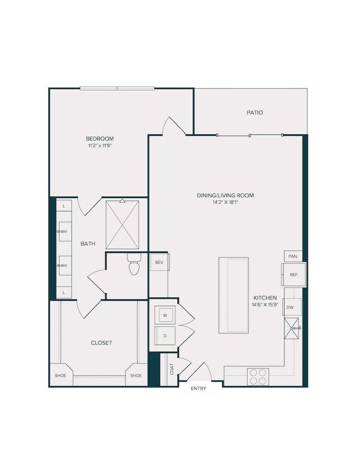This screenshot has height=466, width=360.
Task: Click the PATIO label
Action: tap(255, 112)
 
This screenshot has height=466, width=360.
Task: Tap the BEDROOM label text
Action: tap(99, 139)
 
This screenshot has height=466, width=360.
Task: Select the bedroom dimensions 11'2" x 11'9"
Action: tap(99, 146)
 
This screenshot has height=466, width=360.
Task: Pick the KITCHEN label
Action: tap(266, 298)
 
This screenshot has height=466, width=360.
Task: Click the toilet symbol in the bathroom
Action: tap(133, 265)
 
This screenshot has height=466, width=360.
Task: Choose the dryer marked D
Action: tap(164, 335)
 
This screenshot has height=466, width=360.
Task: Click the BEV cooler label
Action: tap(159, 262)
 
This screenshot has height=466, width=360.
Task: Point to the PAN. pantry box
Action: tap(292, 257)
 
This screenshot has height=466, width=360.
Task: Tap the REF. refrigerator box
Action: tap(293, 274)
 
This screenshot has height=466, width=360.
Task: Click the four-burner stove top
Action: tap(257, 377)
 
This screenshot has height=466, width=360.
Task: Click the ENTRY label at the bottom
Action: tap(198, 388)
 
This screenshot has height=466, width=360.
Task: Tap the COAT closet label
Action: tap(172, 368)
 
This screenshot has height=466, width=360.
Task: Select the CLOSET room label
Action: tap(101, 343)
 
